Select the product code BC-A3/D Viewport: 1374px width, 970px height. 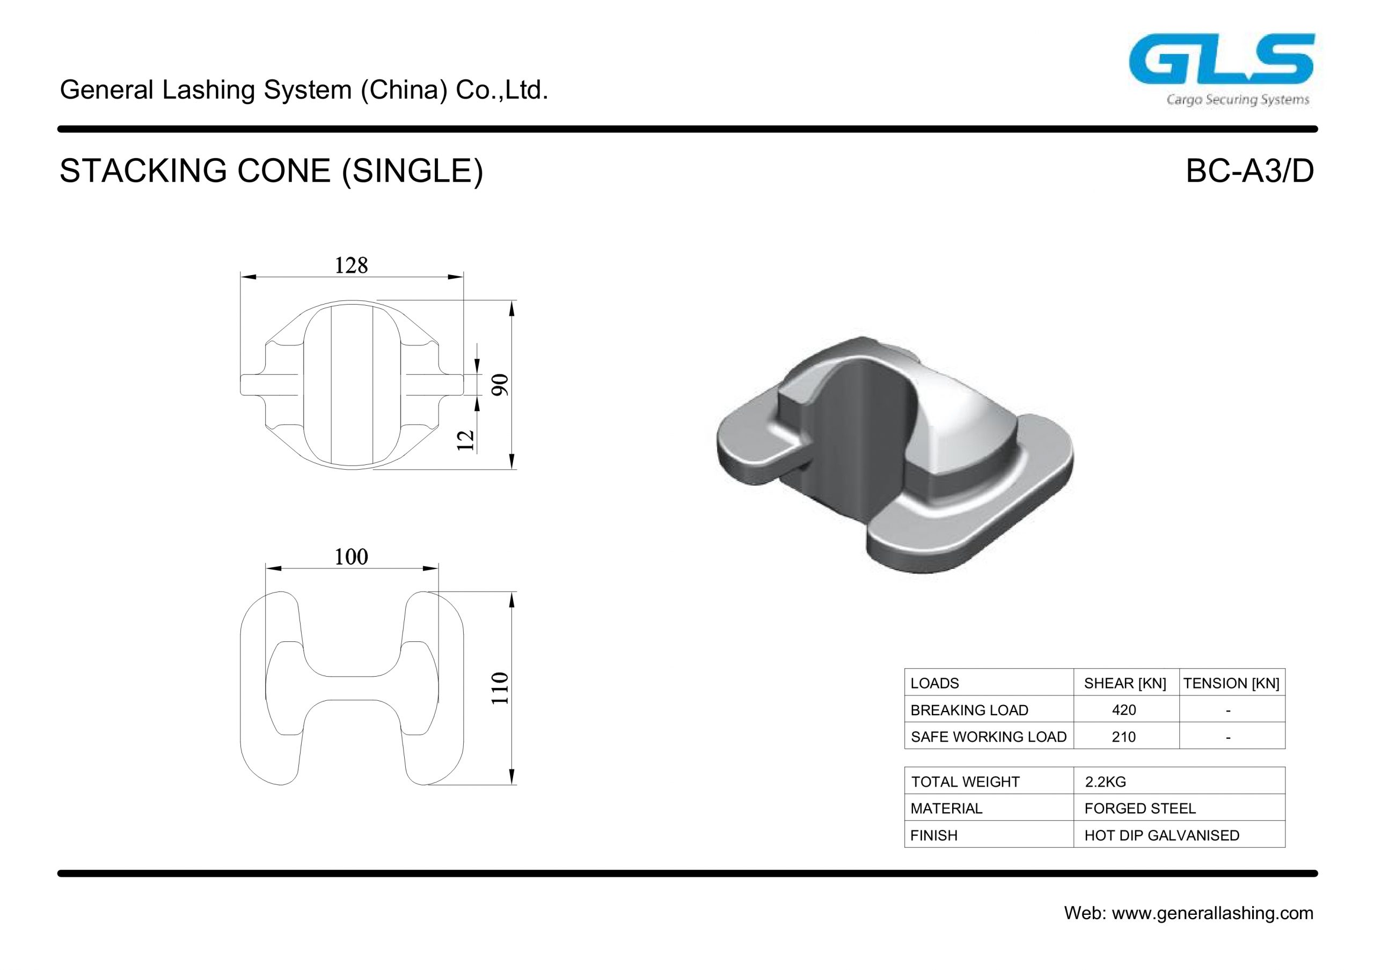pyautogui.click(x=1249, y=171)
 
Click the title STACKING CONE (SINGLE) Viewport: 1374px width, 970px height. pyautogui.click(x=271, y=171)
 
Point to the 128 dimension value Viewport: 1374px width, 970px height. pyautogui.click(x=350, y=265)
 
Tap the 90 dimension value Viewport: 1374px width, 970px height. pyautogui.click(x=500, y=384)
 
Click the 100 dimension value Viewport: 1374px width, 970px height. pyautogui.click(x=350, y=557)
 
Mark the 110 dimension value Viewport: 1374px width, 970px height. pyautogui.click(x=500, y=688)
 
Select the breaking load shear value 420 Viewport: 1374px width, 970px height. pyautogui.click(x=1123, y=710)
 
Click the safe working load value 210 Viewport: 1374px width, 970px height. pyautogui.click(x=1123, y=737)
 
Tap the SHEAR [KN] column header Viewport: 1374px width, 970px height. pyautogui.click(x=1125, y=683)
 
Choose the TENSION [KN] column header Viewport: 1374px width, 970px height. pyautogui.click(x=1231, y=683)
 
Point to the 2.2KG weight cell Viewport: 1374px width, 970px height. pyautogui.click(x=1105, y=782)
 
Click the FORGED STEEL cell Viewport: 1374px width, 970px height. pyautogui.click(x=1139, y=809)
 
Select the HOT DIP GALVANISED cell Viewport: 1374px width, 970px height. pyautogui.click(x=1161, y=835)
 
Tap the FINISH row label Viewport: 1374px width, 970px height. pyautogui.click(x=933, y=835)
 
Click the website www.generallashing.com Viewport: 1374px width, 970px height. pyautogui.click(x=1212, y=913)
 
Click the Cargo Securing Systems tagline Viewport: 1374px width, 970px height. pyautogui.click(x=1238, y=100)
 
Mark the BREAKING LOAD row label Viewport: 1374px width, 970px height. pyautogui.click(x=969, y=710)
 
